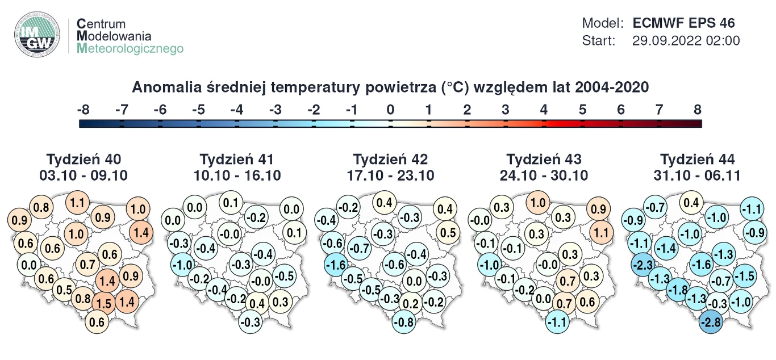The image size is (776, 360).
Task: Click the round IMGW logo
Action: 37,36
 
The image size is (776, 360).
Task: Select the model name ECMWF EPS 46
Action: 683,23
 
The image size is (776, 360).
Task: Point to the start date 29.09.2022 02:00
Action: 686,41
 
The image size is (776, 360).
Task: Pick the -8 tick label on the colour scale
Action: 83,110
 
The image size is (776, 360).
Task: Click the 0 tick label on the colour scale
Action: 390,110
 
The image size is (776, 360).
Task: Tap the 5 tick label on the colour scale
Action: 582,110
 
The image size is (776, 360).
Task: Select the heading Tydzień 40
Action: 84,160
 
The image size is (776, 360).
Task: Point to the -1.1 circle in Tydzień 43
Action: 557,323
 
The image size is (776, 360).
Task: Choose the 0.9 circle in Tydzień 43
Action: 599,209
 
